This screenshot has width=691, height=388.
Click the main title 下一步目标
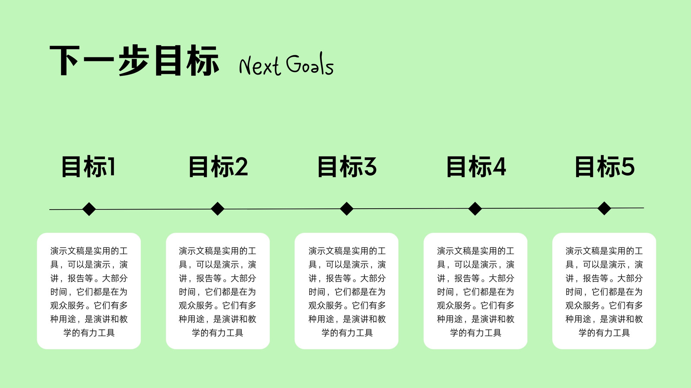pos(134,60)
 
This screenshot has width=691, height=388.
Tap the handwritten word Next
pos(260,65)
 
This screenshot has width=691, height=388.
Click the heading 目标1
pos(89,166)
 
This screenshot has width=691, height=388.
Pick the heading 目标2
pos(218,166)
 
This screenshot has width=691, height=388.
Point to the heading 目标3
pos(347,166)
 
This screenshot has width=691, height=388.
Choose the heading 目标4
pos(476,166)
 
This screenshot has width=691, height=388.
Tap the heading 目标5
pos(605,166)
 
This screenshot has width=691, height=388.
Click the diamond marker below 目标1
pos(89,209)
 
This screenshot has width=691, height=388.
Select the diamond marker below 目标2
pos(218,209)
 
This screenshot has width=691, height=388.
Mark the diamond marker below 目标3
pos(346,209)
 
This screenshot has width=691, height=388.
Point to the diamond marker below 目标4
pos(475,209)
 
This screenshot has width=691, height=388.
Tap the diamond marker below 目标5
pos(604,209)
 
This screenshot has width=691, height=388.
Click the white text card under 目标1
pos(89,291)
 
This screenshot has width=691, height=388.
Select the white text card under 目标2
pos(218,291)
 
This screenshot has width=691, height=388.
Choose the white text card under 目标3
pos(346,291)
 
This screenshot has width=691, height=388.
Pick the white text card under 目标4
pos(475,291)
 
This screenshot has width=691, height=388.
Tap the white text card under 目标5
pos(604,291)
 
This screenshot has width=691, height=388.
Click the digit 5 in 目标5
pos(628,166)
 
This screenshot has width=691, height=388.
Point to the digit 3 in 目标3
pos(370,166)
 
